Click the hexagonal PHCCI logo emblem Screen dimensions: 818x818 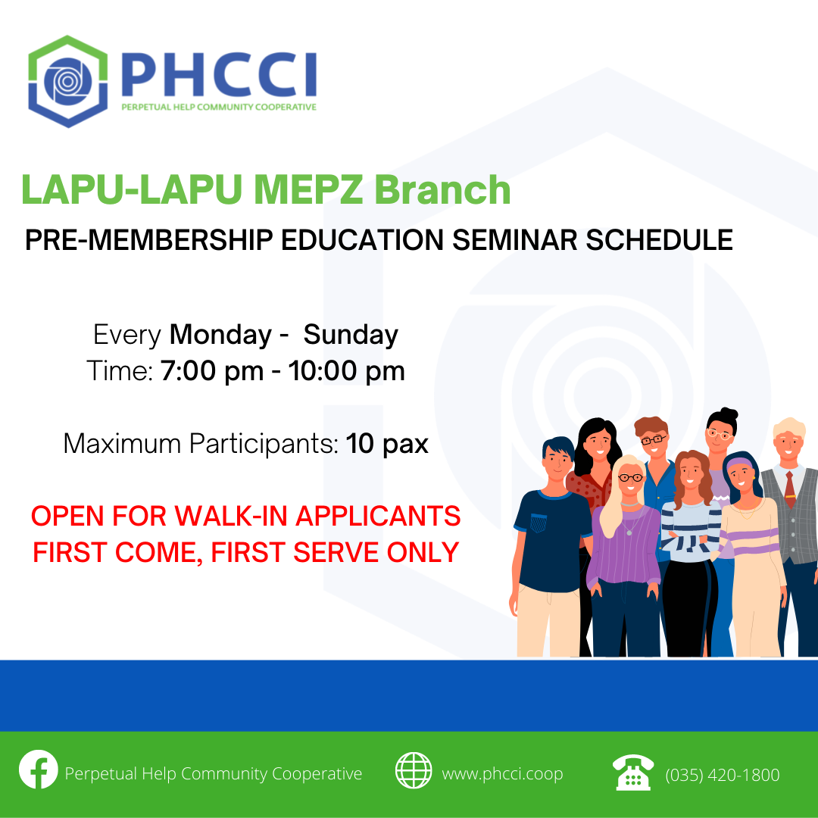pyautogui.click(x=68, y=81)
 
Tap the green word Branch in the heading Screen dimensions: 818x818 pyautogui.click(x=442, y=189)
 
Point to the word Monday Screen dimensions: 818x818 pyautogui.click(x=220, y=335)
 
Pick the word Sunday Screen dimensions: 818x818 pyautogui.click(x=351, y=335)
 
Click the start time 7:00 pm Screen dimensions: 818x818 pyautogui.click(x=212, y=371)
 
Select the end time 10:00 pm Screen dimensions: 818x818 pyautogui.click(x=346, y=371)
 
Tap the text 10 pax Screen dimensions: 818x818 pyautogui.click(x=387, y=444)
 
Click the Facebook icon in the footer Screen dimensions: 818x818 pyautogui.click(x=39, y=769)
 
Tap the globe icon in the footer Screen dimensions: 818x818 pyautogui.click(x=414, y=770)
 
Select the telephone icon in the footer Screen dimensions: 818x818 pyautogui.click(x=632, y=772)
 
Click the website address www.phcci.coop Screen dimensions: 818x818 pyautogui.click(x=502, y=773)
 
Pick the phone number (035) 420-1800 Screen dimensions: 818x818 pyautogui.click(x=723, y=775)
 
